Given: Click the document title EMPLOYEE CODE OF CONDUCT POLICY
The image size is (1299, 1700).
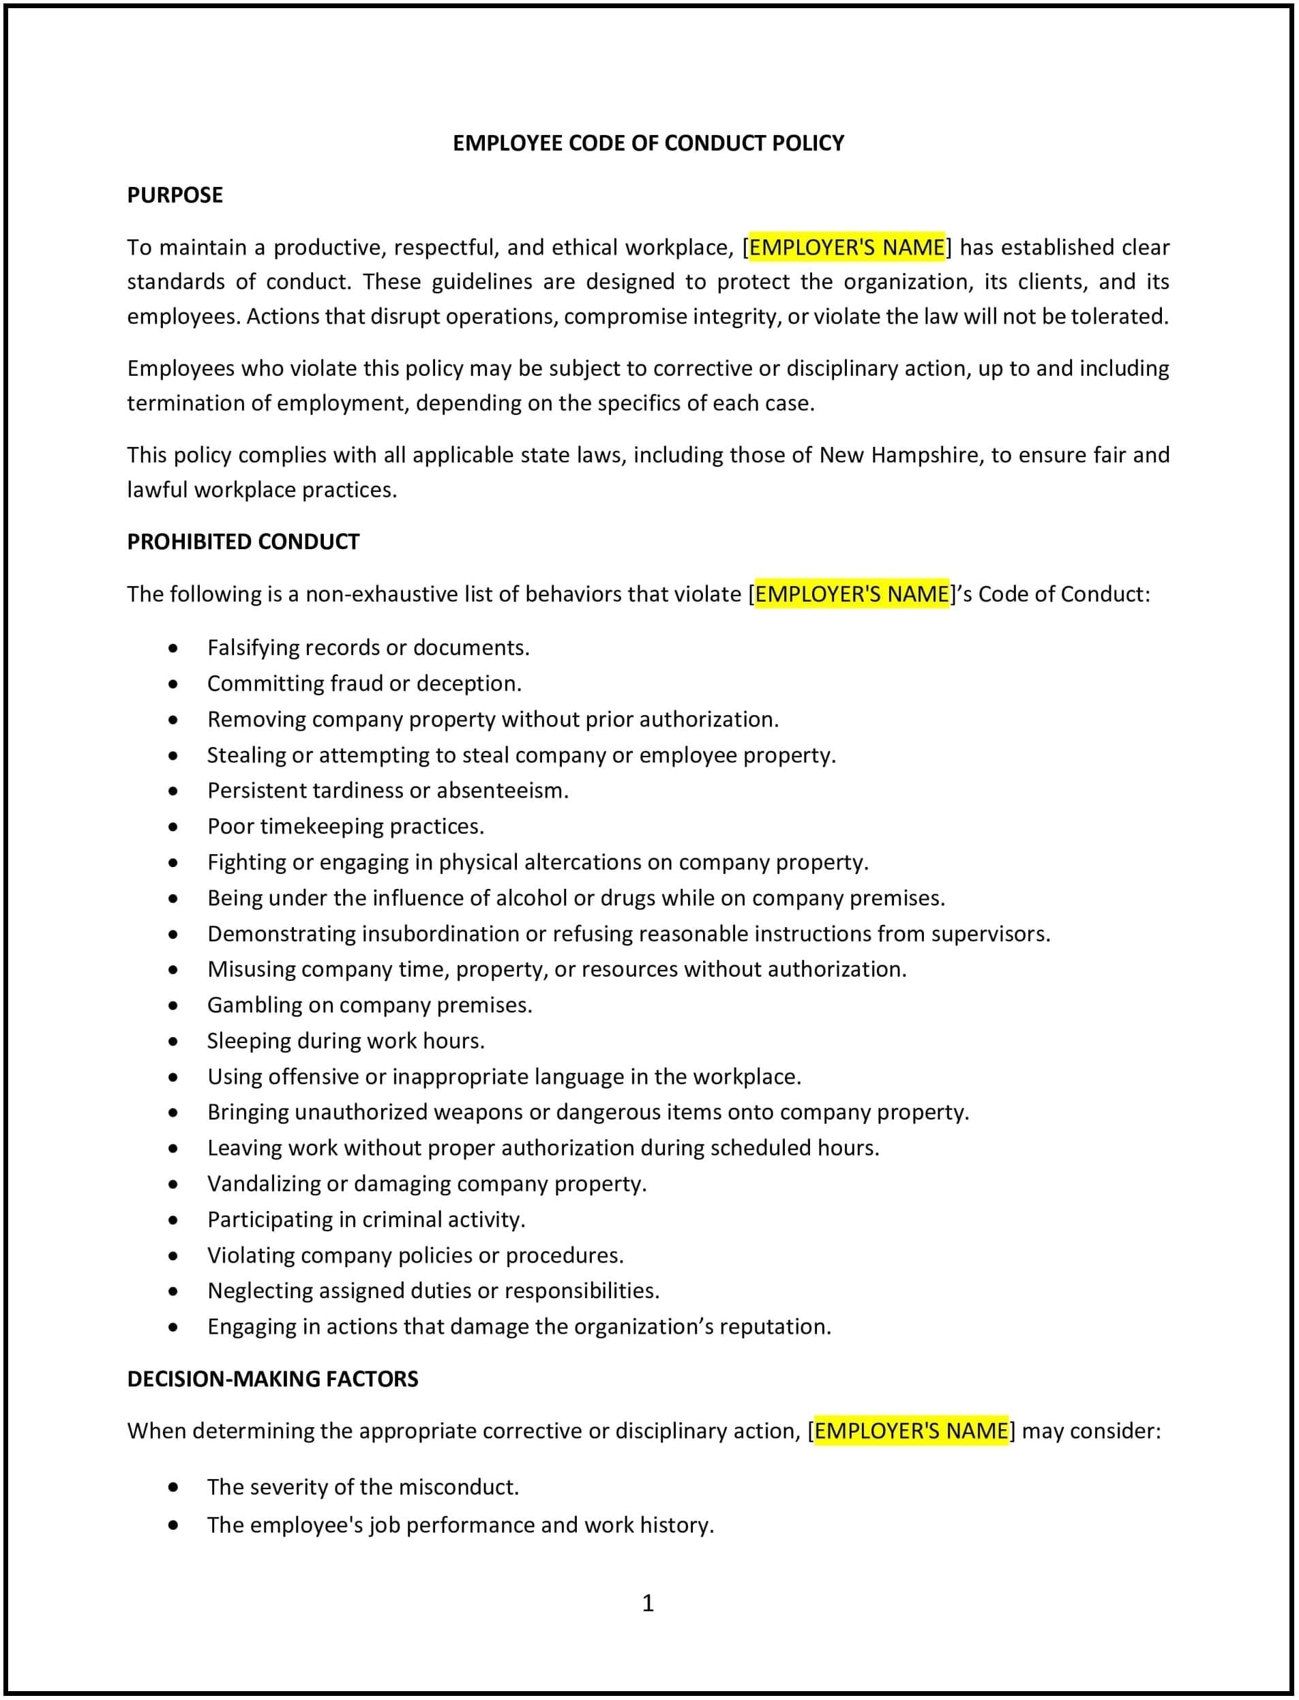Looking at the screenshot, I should click(x=648, y=143).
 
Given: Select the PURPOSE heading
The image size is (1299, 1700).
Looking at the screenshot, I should click(x=175, y=195).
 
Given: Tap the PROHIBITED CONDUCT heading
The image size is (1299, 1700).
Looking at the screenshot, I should click(x=243, y=542).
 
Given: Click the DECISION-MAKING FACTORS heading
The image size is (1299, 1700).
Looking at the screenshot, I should click(x=272, y=1378).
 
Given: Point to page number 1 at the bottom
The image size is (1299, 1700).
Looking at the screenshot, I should click(x=648, y=1603).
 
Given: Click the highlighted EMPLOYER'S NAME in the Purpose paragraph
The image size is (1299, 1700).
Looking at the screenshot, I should click(x=847, y=248).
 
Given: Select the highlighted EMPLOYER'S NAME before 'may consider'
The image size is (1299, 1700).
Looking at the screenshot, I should click(x=911, y=1431).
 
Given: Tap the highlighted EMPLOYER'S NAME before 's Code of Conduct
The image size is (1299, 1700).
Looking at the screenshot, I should click(x=851, y=594).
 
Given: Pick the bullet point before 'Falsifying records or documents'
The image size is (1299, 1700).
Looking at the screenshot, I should click(x=173, y=648).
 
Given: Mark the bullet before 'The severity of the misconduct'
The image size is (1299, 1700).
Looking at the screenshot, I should click(x=173, y=1487).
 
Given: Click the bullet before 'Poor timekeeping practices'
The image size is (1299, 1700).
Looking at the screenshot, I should click(x=173, y=827).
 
